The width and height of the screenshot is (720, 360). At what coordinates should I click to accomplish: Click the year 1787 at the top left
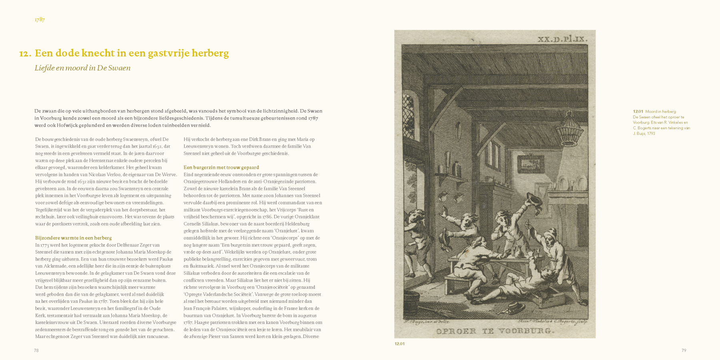click(x=40, y=20)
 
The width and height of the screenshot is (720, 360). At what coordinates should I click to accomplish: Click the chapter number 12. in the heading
click(x=25, y=54)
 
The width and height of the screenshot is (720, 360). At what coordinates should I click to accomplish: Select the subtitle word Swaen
click(x=120, y=68)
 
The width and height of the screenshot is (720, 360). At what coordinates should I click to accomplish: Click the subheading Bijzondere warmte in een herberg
click(x=73, y=238)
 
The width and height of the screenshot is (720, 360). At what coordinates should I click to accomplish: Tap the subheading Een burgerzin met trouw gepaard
click(x=221, y=168)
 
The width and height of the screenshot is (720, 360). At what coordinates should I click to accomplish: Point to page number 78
click(x=36, y=350)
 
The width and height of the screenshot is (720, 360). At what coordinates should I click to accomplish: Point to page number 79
click(x=684, y=350)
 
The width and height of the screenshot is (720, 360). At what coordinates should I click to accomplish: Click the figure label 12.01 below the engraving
click(x=399, y=344)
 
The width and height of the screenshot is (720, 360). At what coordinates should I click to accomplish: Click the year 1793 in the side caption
click(x=650, y=134)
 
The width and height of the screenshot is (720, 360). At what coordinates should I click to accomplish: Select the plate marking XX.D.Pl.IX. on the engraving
click(x=562, y=39)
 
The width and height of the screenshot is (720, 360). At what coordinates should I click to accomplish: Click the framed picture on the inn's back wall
click(x=531, y=164)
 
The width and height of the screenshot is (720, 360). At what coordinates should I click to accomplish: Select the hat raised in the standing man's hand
click(x=534, y=200)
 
